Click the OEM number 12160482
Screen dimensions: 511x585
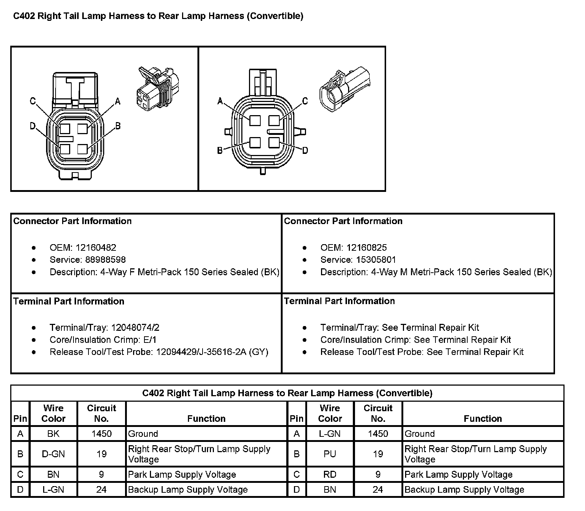96,247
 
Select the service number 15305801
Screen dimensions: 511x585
376,260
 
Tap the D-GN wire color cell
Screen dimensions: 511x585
53,454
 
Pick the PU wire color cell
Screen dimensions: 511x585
330,454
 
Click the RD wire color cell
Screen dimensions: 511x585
330,474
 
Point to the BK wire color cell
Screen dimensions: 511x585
53,434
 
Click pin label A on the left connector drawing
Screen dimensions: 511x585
118,101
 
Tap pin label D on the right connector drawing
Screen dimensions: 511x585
305,150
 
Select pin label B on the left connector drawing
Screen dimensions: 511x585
118,126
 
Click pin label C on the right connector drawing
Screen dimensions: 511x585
305,101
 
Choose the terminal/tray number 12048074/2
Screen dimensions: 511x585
135,328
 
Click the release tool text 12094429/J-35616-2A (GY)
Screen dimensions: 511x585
212,352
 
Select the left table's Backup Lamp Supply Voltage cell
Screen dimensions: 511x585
188,489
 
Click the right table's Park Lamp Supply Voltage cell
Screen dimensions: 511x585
458,474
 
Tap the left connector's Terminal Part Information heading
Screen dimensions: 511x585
69,301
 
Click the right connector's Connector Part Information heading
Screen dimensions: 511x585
343,221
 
